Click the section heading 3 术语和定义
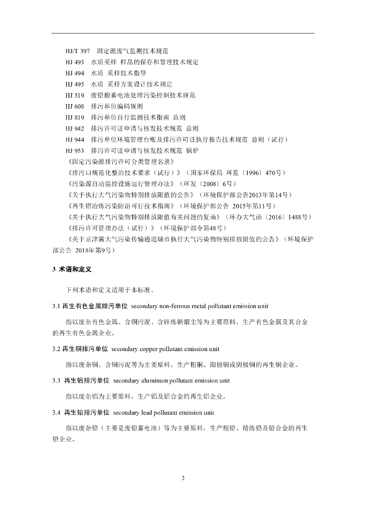tap(72, 269)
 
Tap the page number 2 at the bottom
tap(183, 479)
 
